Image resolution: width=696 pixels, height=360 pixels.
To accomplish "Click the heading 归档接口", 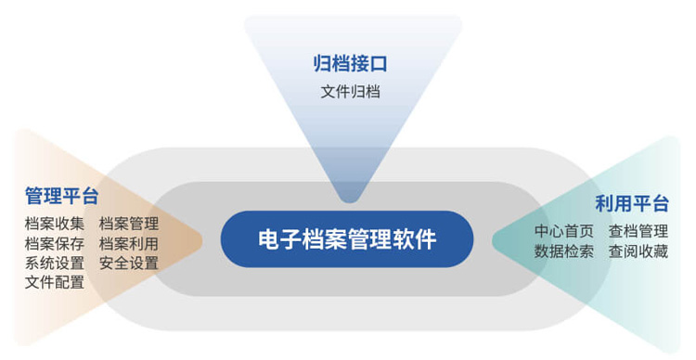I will pyautogui.click(x=350, y=63).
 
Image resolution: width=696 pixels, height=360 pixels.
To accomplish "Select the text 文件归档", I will pyautogui.click(x=350, y=92).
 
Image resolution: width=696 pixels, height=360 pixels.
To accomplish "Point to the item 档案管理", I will pyautogui.click(x=129, y=224).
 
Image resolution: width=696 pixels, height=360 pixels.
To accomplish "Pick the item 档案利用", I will pyautogui.click(x=129, y=243).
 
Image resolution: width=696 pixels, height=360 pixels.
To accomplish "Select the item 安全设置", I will pyautogui.click(x=129, y=263).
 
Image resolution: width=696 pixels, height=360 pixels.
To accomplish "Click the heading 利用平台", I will pyautogui.click(x=632, y=204).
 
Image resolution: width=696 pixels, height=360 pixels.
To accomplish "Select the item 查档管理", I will pyautogui.click(x=638, y=231).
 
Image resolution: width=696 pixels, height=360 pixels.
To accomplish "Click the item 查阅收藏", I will pyautogui.click(x=638, y=251).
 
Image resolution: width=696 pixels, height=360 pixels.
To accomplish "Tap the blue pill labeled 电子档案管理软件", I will pyautogui.click(x=347, y=239).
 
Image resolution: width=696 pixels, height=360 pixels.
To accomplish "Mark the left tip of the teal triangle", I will pyautogui.click(x=494, y=239).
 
